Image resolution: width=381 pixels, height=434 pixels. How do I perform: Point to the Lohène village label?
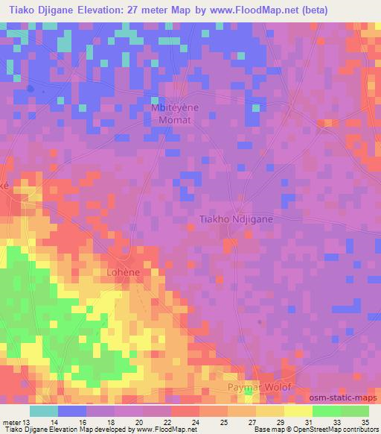click(x=124, y=273)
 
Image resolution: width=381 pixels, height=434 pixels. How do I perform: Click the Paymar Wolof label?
click(x=259, y=389)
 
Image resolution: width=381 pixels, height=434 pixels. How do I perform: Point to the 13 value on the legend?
click(x=27, y=422)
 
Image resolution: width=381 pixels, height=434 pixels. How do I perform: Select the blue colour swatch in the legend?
click(x=72, y=411)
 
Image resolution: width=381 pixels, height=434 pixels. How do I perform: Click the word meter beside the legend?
click(x=10, y=422)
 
